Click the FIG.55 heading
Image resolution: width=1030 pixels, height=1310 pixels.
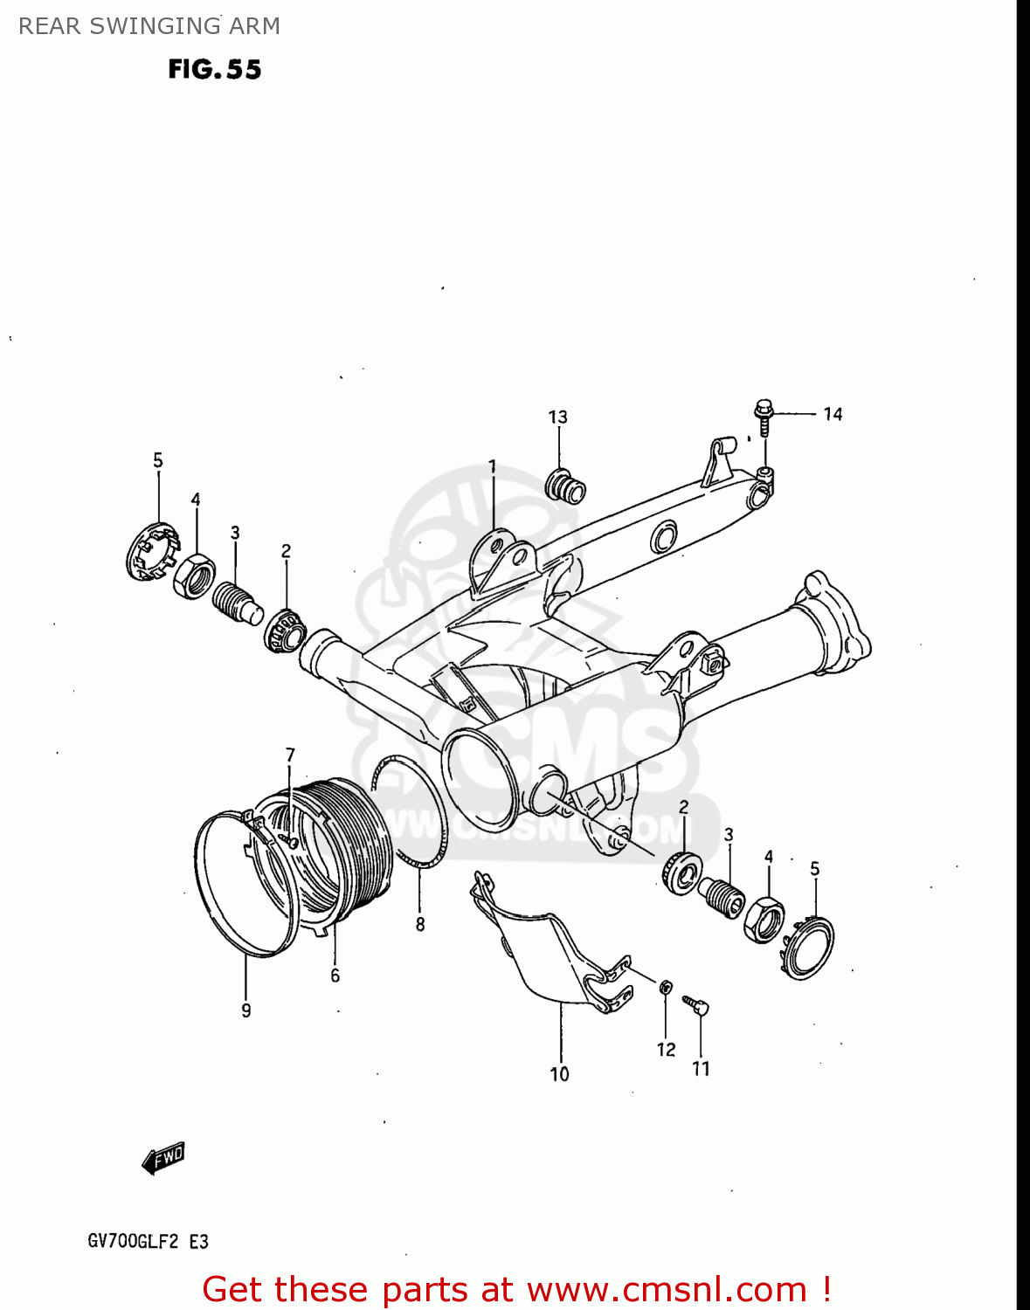(x=215, y=69)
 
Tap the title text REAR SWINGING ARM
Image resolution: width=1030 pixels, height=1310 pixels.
(x=149, y=26)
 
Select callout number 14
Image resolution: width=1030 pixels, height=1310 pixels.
(x=833, y=414)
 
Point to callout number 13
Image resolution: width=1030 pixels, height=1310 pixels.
(x=557, y=417)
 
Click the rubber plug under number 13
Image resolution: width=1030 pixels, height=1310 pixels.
(x=566, y=486)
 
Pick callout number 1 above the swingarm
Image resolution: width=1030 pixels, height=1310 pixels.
(x=492, y=466)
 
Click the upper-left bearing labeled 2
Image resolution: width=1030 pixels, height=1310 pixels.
(x=285, y=630)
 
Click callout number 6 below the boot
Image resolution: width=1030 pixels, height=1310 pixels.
(x=335, y=976)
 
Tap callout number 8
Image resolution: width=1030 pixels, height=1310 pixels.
(x=420, y=924)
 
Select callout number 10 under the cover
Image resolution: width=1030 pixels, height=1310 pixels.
(x=559, y=1074)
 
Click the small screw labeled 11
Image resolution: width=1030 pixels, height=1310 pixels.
(x=698, y=1006)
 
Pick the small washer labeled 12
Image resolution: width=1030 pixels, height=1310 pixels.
(x=665, y=988)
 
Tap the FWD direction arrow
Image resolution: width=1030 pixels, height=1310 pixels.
(x=163, y=1158)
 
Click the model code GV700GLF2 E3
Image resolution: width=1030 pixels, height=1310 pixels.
(x=148, y=1241)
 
